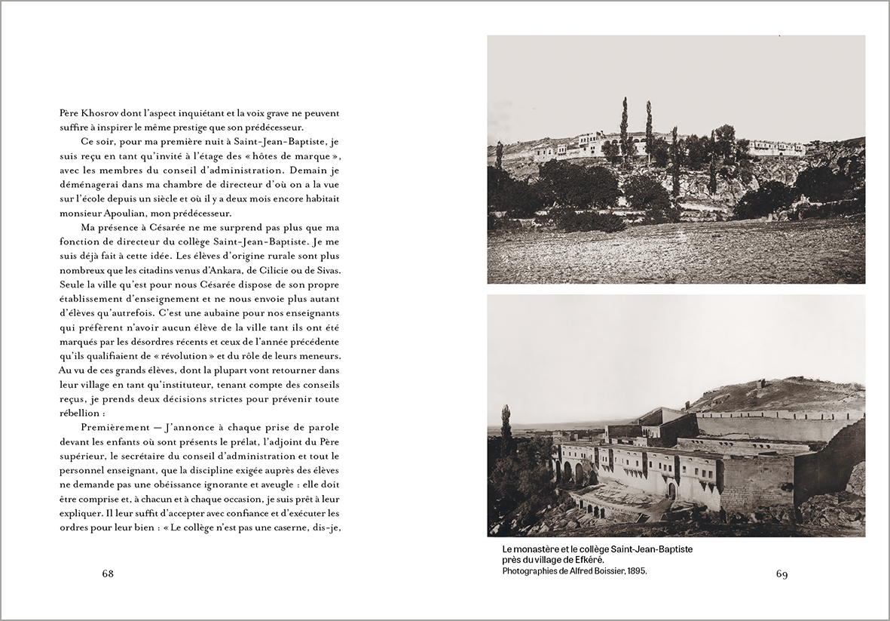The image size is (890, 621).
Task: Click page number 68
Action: (x=108, y=574)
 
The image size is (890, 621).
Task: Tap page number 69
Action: (x=781, y=574)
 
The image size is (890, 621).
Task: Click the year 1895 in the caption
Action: (x=635, y=571)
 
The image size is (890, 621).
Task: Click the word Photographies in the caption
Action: (x=527, y=571)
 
